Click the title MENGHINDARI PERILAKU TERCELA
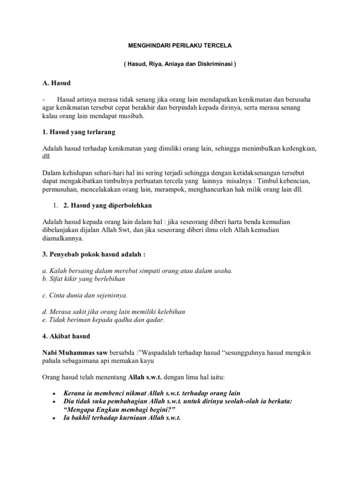click(180, 46)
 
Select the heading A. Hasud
click(56, 83)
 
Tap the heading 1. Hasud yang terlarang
click(78, 132)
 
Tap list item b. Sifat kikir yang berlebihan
click(83, 278)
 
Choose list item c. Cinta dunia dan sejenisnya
click(84, 295)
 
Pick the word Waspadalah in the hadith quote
click(161, 352)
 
